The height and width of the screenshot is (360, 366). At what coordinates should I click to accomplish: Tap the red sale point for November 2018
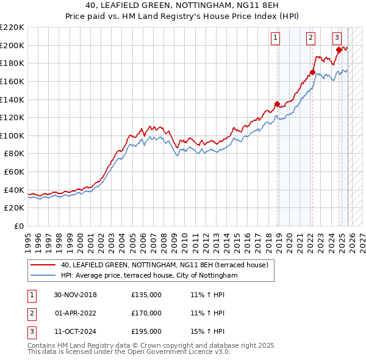pos(278,104)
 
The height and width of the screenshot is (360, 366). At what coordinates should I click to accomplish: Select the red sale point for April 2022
pos(312,72)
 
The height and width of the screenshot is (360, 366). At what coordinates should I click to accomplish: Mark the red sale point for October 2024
pos(339,49)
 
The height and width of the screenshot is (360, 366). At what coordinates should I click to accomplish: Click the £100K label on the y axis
pos(12,135)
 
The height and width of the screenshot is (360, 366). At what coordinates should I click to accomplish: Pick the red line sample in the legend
pos(43,265)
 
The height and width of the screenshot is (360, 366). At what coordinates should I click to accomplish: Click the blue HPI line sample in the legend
pos(43,276)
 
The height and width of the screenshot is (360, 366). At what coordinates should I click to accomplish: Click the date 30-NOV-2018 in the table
pos(75,295)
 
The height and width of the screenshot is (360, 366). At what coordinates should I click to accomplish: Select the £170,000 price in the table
pos(146,313)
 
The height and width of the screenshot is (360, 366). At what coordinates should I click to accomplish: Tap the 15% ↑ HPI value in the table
pos(207,331)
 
